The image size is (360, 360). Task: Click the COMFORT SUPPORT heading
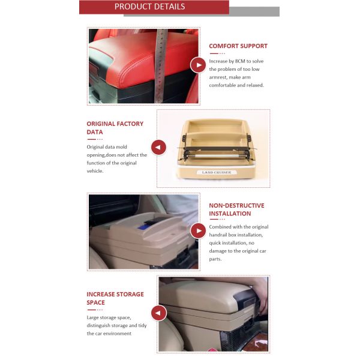click(x=238, y=46)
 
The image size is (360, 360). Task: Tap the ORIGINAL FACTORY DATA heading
click(x=115, y=128)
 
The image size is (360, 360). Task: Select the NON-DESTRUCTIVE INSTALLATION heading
click(x=236, y=209)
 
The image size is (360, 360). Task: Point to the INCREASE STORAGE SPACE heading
click(x=115, y=298)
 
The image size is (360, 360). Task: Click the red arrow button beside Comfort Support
click(x=197, y=65)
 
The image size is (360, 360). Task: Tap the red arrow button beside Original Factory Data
click(x=158, y=147)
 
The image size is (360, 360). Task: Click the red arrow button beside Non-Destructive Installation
click(x=197, y=230)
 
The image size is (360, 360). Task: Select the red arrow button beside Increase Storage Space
click(x=158, y=313)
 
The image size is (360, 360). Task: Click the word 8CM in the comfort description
click(x=240, y=61)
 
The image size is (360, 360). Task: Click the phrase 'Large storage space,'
click(x=109, y=317)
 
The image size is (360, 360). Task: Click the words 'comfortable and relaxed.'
click(x=236, y=85)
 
